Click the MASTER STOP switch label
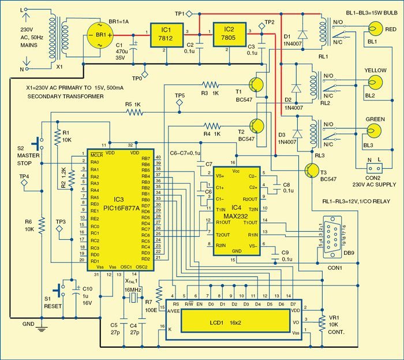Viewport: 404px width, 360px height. coord(26,156)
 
